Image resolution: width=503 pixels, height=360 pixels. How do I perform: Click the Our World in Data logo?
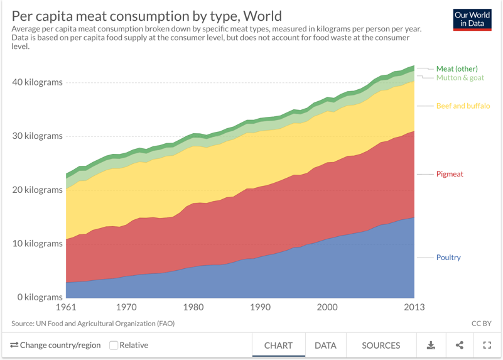pyautogui.click(x=472, y=19)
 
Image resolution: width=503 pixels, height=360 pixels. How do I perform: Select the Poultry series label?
pyautogui.click(x=448, y=258)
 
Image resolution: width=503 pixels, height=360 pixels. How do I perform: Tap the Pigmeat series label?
pyautogui.click(x=450, y=174)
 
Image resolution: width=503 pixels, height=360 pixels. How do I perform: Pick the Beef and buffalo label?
pyautogui.click(x=463, y=106)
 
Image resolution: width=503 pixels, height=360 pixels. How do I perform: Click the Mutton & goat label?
pyautogui.click(x=460, y=78)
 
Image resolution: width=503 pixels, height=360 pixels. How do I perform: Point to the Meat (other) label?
pyautogui.click(x=457, y=68)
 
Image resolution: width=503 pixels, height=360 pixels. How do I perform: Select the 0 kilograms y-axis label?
pyautogui.click(x=35, y=297)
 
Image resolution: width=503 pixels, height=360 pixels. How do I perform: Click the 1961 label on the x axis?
pyautogui.click(x=66, y=308)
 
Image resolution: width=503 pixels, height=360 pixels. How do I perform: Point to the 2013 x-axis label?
pyautogui.click(x=414, y=308)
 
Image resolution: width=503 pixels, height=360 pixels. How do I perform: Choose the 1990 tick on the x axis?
pyautogui.click(x=260, y=308)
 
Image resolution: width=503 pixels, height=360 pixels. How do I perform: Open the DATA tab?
pyautogui.click(x=325, y=346)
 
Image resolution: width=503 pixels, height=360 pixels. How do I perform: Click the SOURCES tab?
pyautogui.click(x=381, y=346)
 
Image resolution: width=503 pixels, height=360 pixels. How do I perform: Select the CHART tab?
pyautogui.click(x=278, y=346)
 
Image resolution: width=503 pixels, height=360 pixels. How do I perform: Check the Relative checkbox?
pyautogui.click(x=114, y=345)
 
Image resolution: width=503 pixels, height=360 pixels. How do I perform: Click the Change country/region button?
pyautogui.click(x=55, y=345)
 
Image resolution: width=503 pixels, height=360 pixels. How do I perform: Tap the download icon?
pyautogui.click(x=431, y=345)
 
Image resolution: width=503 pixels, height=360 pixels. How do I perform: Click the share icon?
pyautogui.click(x=459, y=345)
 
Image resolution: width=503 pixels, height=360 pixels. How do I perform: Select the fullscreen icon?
pyautogui.click(x=487, y=345)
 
